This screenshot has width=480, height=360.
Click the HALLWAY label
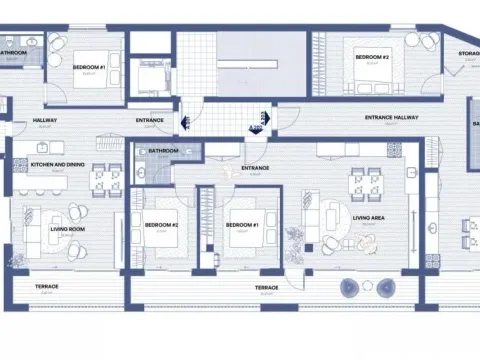[x=45, y=120]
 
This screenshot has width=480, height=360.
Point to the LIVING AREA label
[x=370, y=215]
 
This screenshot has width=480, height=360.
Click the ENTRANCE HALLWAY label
[x=391, y=117]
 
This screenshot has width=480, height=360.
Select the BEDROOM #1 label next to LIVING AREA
[x=243, y=224]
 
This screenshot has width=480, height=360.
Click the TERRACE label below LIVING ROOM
[x=47, y=287]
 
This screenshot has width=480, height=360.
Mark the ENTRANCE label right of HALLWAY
[x=150, y=120]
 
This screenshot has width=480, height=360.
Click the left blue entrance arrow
[x=184, y=123]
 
